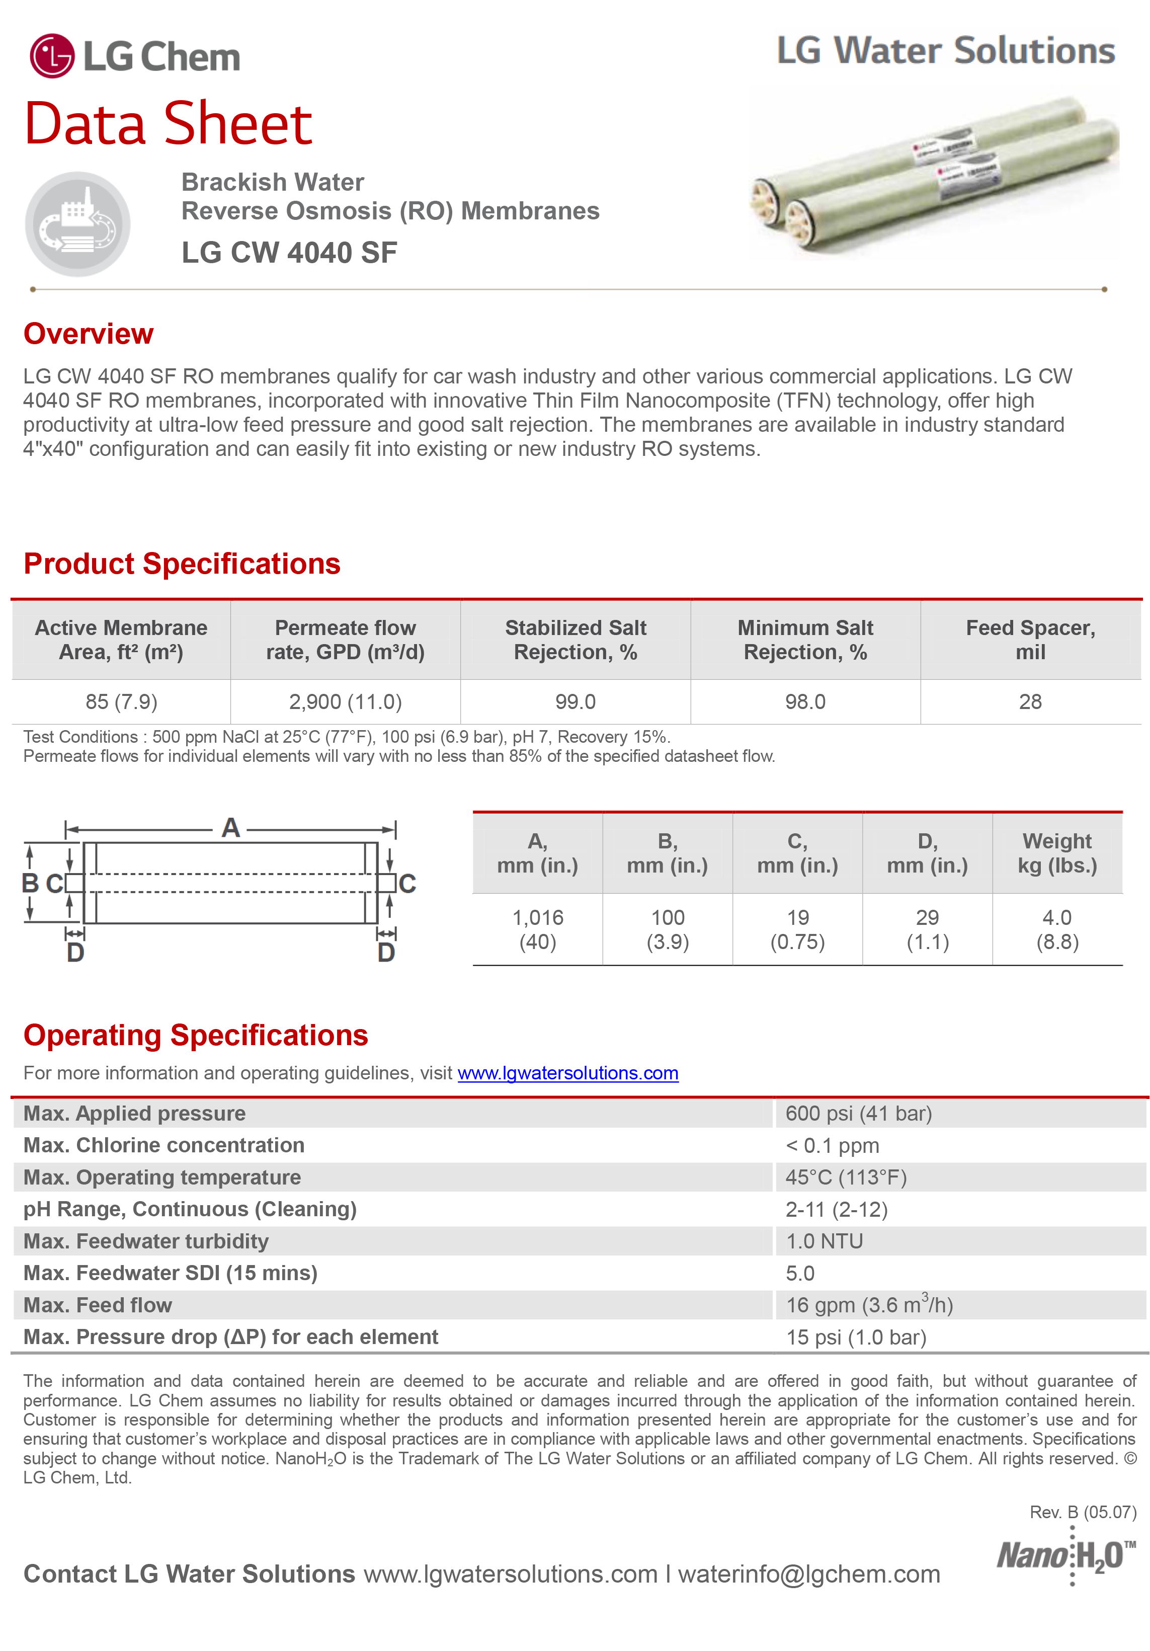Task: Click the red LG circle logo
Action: (52, 55)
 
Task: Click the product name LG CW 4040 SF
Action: (289, 253)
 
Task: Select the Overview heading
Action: (89, 334)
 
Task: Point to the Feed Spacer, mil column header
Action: (1030, 639)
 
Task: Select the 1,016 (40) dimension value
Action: (538, 929)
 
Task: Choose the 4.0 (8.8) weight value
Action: (1056, 929)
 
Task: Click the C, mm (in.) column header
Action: (797, 853)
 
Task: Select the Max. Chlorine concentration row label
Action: (164, 1145)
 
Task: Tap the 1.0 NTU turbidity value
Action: (824, 1241)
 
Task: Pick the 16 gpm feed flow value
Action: (869, 1305)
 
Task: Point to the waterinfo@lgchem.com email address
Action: (808, 1574)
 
